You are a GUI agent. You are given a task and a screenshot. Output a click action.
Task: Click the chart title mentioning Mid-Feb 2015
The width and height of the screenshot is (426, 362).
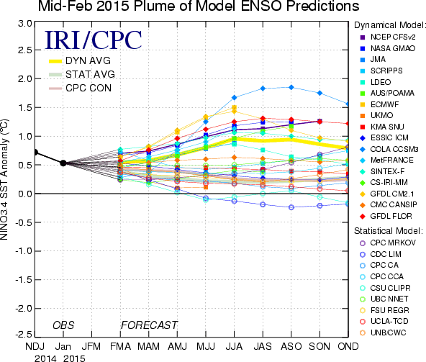click(x=199, y=6)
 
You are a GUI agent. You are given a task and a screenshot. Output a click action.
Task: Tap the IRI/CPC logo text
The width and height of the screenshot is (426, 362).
click(x=94, y=40)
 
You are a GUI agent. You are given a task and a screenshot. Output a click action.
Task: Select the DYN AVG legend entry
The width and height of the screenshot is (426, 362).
click(x=80, y=60)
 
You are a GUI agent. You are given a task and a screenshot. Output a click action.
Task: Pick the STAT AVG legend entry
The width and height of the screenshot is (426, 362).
click(x=82, y=74)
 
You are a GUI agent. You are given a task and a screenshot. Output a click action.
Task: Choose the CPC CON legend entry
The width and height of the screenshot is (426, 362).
click(x=80, y=88)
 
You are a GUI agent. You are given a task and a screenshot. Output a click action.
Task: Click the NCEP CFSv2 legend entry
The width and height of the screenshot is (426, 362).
click(x=388, y=37)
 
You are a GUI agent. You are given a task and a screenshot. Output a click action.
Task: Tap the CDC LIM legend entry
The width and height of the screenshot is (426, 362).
click(x=381, y=254)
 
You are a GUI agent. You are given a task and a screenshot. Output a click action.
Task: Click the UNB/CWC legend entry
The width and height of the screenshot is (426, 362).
click(x=383, y=332)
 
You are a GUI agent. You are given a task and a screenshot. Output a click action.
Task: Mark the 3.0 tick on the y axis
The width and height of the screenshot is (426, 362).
click(x=25, y=23)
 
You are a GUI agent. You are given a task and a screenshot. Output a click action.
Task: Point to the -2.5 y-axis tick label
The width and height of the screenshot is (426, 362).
click(x=24, y=334)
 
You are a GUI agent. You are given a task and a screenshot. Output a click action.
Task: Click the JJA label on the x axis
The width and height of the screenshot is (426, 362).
click(x=234, y=346)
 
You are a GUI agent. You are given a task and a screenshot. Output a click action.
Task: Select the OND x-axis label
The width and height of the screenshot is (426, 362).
click(x=348, y=346)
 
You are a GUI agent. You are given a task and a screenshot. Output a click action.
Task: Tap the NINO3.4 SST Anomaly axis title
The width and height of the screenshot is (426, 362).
click(x=4, y=180)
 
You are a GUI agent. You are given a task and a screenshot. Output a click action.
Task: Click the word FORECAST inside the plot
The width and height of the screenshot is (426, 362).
click(x=149, y=325)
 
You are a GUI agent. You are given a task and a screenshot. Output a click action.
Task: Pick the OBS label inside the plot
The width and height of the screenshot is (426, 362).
click(x=63, y=325)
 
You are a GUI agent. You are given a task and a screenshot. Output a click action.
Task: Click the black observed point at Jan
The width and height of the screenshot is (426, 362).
click(x=63, y=163)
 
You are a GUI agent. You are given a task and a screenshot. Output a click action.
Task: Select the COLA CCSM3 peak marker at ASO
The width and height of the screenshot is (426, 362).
click(x=291, y=87)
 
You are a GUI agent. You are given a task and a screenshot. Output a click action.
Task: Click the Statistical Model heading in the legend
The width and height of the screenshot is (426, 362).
click(x=389, y=231)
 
